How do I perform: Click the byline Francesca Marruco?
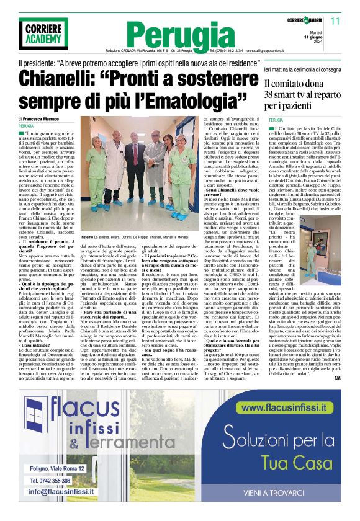[49, 118]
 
